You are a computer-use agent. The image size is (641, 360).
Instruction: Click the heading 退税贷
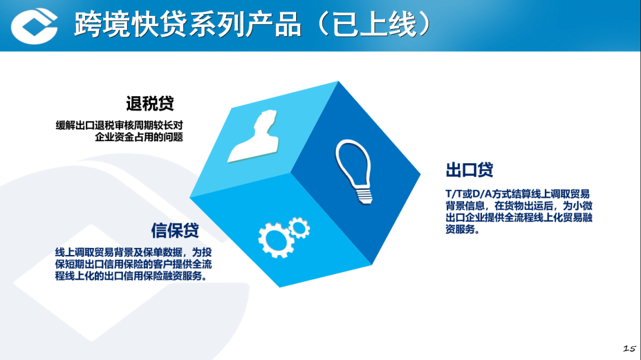[150, 104]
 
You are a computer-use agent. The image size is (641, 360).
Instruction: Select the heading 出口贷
[469, 170]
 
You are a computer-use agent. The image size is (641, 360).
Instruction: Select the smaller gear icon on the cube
[299, 225]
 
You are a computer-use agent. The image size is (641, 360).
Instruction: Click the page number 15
[629, 348]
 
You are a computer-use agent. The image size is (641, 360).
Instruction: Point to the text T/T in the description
[454, 194]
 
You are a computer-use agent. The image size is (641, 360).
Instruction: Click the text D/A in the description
[482, 194]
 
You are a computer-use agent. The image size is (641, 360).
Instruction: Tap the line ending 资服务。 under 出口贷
[462, 230]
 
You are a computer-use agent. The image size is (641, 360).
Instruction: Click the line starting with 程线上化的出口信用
[131, 276]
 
